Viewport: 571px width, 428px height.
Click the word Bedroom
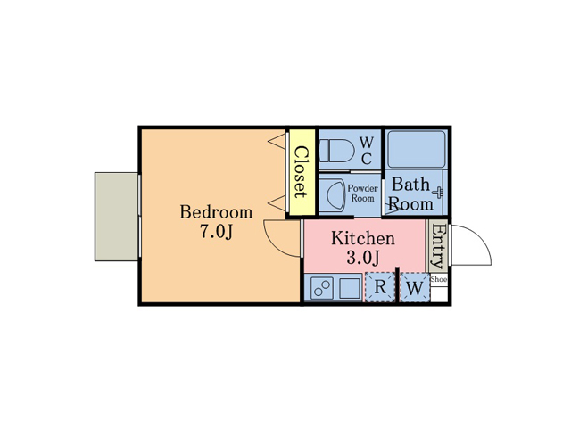point(216,212)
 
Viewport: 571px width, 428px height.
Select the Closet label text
point(301,172)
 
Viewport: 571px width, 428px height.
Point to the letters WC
point(367,151)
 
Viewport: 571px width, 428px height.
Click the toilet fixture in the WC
point(335,151)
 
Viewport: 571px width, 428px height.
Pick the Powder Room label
point(362,193)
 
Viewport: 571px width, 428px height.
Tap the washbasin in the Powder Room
point(332,194)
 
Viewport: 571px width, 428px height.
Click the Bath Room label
point(411,194)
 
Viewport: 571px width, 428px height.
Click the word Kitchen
point(363,239)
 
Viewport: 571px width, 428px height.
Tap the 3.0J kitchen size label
point(363,259)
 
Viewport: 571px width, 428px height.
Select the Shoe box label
point(439,279)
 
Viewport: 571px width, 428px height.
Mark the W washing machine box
point(413,289)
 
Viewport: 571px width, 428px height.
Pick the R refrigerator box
point(380,287)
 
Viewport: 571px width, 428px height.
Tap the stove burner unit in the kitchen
point(322,289)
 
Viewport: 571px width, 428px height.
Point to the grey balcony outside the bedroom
point(117,217)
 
